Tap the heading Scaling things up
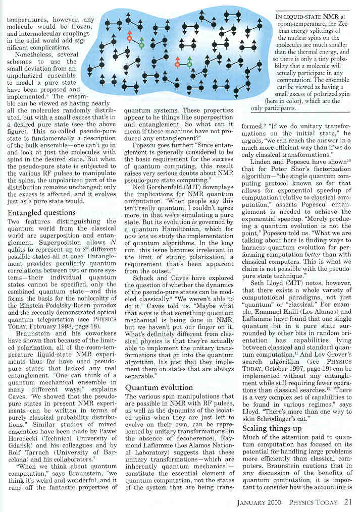point(273,428)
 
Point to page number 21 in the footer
point(348,502)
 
